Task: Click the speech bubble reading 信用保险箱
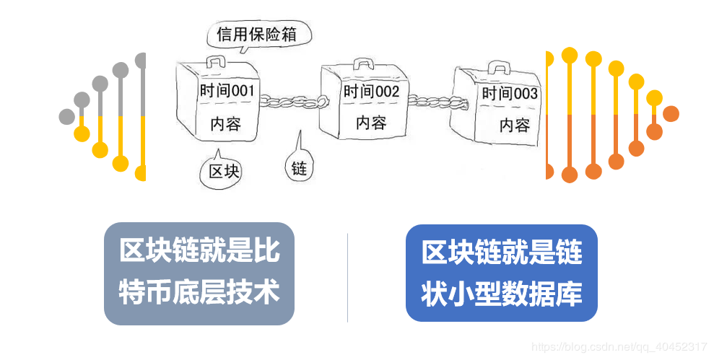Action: coord(258,35)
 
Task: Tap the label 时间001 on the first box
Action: coord(226,91)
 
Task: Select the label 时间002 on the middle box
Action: coord(371,92)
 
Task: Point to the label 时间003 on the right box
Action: coord(510,94)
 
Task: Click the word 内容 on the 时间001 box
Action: coord(225,124)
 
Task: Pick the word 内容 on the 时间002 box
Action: coord(371,123)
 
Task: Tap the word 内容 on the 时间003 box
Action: coord(515,125)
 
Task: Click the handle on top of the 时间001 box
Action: coord(217,61)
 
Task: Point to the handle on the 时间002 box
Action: coord(364,63)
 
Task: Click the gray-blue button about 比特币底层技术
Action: coord(199,273)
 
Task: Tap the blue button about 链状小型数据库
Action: coord(501,273)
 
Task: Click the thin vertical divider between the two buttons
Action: coord(347,278)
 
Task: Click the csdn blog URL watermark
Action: coord(619,347)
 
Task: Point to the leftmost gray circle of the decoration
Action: coord(67,116)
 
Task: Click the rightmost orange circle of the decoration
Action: coord(671,114)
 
